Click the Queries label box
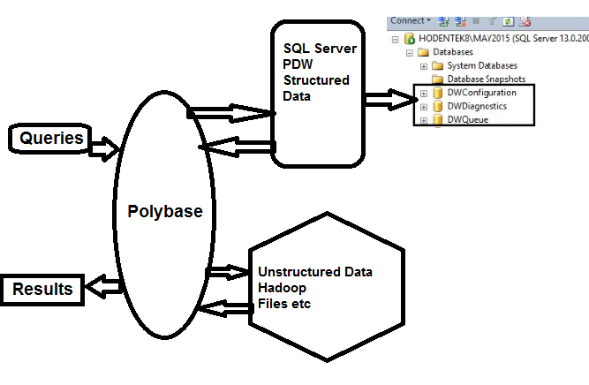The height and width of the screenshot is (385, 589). tap(51, 138)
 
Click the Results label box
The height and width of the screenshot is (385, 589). tap(42, 288)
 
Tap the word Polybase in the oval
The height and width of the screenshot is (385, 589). tap(164, 212)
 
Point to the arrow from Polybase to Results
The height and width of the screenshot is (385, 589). tap(102, 285)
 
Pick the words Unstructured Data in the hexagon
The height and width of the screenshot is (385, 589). tap(314, 272)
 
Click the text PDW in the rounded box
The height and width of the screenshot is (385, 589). tap(297, 64)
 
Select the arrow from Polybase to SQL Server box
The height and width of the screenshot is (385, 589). tap(230, 112)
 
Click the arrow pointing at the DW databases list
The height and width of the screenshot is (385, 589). tap(389, 100)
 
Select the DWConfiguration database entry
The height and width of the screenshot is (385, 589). tap(480, 93)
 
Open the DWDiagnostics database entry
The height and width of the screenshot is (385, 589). tap(477, 106)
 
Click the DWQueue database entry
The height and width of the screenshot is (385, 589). tap(469, 119)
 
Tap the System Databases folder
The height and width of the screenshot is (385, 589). tap(481, 65)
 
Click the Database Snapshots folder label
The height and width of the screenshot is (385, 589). tap(486, 79)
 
